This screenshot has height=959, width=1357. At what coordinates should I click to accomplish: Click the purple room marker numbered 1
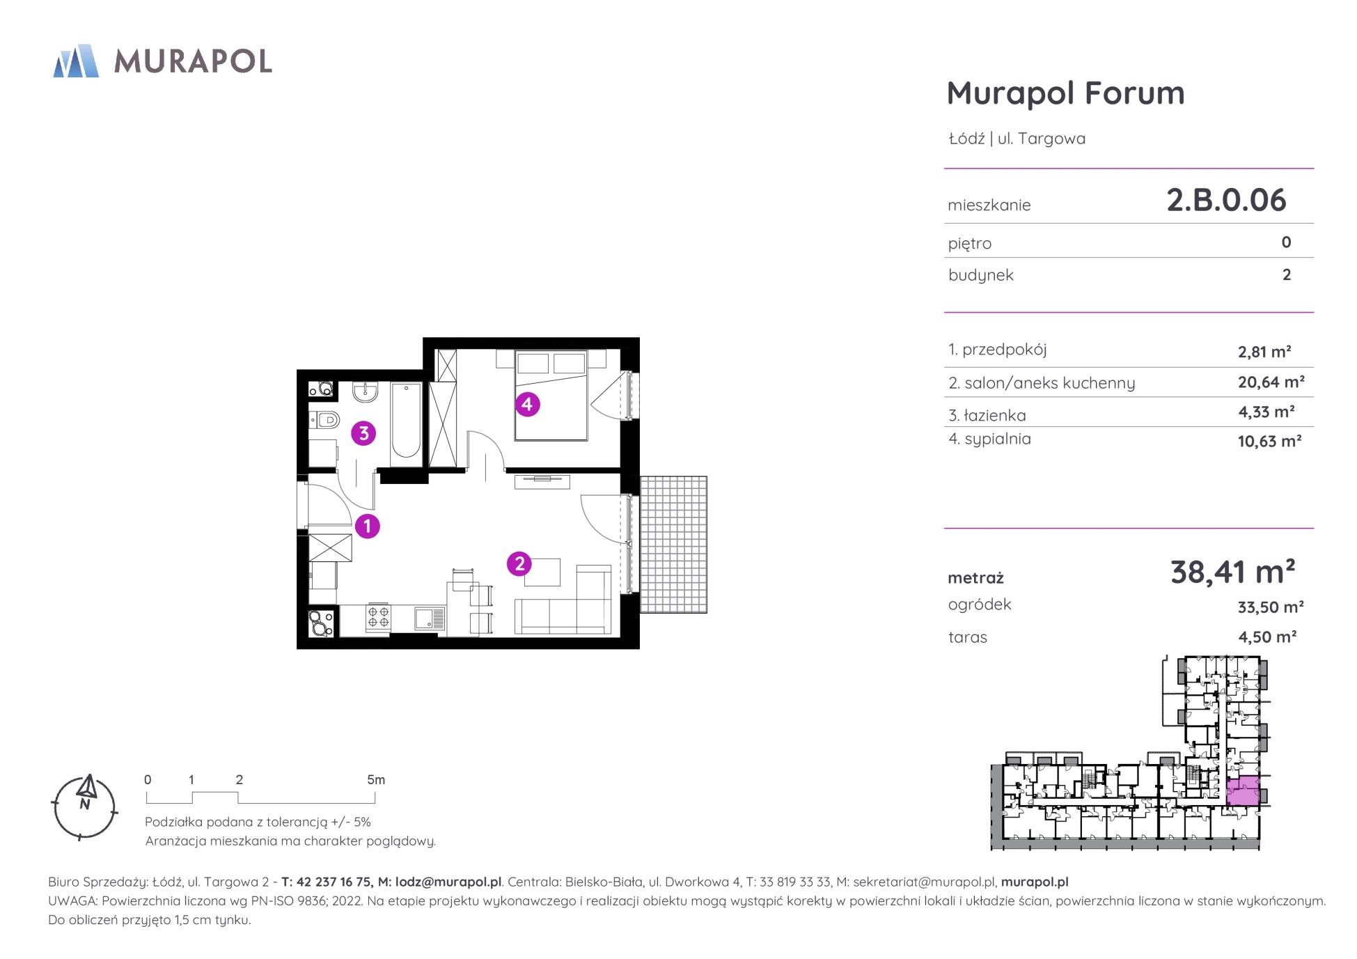pos(367,526)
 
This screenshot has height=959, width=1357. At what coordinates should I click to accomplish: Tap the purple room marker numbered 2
pos(519,563)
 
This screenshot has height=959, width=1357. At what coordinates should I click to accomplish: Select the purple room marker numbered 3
pos(363,433)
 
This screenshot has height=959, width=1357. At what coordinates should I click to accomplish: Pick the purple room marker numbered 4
pos(527,403)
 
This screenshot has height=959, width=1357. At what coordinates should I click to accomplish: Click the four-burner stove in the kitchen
pos(378,618)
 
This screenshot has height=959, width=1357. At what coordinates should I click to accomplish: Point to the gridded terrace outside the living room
pos(673,545)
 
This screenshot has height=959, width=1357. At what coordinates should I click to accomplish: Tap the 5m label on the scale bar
pos(376,780)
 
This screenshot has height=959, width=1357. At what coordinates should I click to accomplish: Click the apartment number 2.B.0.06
pos(1226,200)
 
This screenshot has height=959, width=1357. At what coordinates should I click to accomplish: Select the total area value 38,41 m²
pos(1233,572)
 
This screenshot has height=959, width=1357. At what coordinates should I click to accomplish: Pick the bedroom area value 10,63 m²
pos(1270,441)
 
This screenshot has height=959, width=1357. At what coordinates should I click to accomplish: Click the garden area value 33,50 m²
pos(1271,607)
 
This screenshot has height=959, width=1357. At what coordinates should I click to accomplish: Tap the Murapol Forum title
pos(1066,93)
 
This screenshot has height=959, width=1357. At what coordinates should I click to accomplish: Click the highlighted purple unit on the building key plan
pos(1242,790)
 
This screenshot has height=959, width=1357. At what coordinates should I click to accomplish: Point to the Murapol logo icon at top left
pos(76,61)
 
